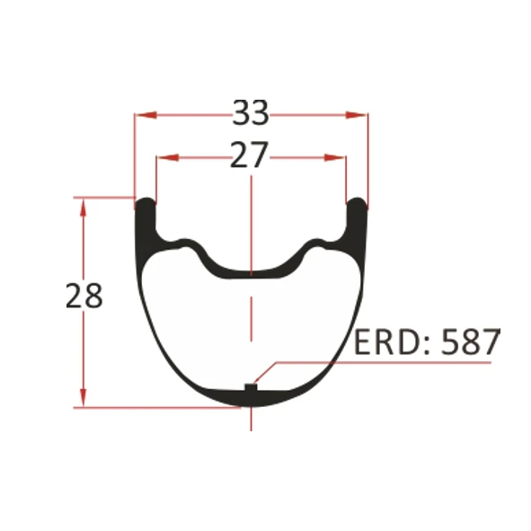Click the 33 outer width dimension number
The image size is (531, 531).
(251, 113)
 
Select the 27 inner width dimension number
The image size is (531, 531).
(250, 156)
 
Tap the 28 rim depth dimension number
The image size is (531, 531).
(84, 296)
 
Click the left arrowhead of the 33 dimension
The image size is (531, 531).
(142, 114)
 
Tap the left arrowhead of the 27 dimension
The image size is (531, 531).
(164, 157)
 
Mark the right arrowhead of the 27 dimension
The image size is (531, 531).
(339, 157)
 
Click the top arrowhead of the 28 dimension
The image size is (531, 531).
(84, 205)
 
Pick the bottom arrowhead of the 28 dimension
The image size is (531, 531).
(84, 400)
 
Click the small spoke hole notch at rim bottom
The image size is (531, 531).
(251, 388)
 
